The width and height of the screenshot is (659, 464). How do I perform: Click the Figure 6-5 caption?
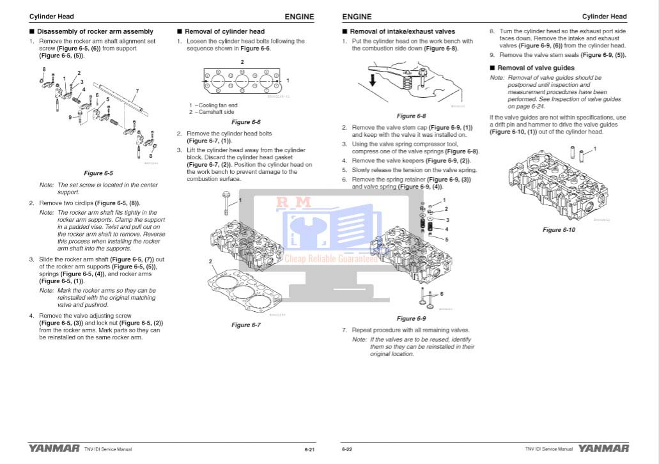98,173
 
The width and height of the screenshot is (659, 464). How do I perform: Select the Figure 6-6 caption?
246,122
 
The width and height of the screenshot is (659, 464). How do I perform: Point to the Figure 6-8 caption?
411,116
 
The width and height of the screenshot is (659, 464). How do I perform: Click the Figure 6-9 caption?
411,318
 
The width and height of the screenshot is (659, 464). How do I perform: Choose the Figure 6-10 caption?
559,230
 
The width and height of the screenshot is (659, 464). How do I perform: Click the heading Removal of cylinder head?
224,31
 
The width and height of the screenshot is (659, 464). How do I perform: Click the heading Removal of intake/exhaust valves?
402,31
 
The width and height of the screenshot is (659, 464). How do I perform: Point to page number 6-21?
309,450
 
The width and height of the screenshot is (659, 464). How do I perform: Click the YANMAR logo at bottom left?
54,449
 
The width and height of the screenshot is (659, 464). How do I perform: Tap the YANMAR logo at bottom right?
603,449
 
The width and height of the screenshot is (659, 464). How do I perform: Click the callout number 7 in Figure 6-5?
137,91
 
